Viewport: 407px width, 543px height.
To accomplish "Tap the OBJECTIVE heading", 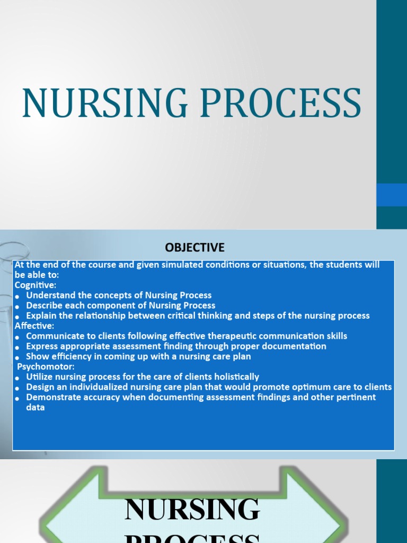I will (x=194, y=247).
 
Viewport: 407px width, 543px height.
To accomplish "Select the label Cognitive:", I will (x=36, y=285).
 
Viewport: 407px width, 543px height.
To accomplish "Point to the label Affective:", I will (x=34, y=326).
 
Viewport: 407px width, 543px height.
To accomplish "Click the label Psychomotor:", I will (x=46, y=366).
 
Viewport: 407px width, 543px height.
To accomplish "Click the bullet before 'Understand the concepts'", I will (x=18, y=296).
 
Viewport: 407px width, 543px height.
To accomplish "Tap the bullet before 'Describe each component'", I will (x=18, y=306).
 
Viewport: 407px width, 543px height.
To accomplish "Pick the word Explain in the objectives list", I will (x=41, y=316).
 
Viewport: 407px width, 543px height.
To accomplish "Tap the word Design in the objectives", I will (x=40, y=387).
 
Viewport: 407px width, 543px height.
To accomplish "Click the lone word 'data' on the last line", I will (x=36, y=408).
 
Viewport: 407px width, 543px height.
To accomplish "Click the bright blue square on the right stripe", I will (x=392, y=195).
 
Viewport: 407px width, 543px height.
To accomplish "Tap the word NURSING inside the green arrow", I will (x=192, y=509).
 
